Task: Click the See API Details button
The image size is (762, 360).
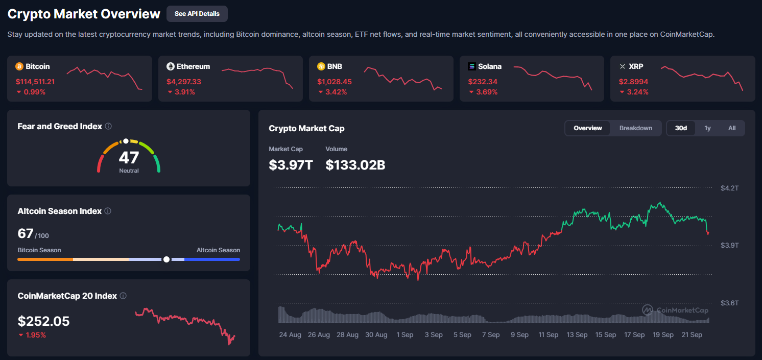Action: tap(197, 14)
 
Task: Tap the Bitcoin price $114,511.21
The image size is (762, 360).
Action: tap(35, 82)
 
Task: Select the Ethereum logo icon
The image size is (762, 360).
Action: tap(171, 66)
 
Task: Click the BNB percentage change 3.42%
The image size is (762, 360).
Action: tap(336, 92)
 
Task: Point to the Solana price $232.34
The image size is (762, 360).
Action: tap(483, 82)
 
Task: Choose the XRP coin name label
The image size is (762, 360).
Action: tap(636, 66)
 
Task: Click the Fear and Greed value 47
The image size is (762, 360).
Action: tap(129, 157)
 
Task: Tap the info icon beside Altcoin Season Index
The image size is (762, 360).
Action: tap(108, 211)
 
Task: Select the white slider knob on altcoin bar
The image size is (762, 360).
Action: tap(166, 259)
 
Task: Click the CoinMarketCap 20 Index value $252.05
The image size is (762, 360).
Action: tap(43, 321)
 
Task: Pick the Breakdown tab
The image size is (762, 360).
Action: tap(635, 128)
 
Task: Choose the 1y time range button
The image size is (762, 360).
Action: tap(707, 128)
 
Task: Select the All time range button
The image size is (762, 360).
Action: tap(732, 128)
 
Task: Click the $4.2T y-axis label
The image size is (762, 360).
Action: tap(729, 188)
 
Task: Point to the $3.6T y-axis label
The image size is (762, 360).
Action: tap(729, 303)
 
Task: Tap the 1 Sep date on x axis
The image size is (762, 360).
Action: tap(404, 335)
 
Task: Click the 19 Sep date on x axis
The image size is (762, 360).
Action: tap(663, 335)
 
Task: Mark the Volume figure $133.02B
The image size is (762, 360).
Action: tap(355, 165)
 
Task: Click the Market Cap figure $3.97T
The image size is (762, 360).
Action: tap(291, 165)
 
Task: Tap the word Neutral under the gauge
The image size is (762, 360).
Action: tap(129, 171)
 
